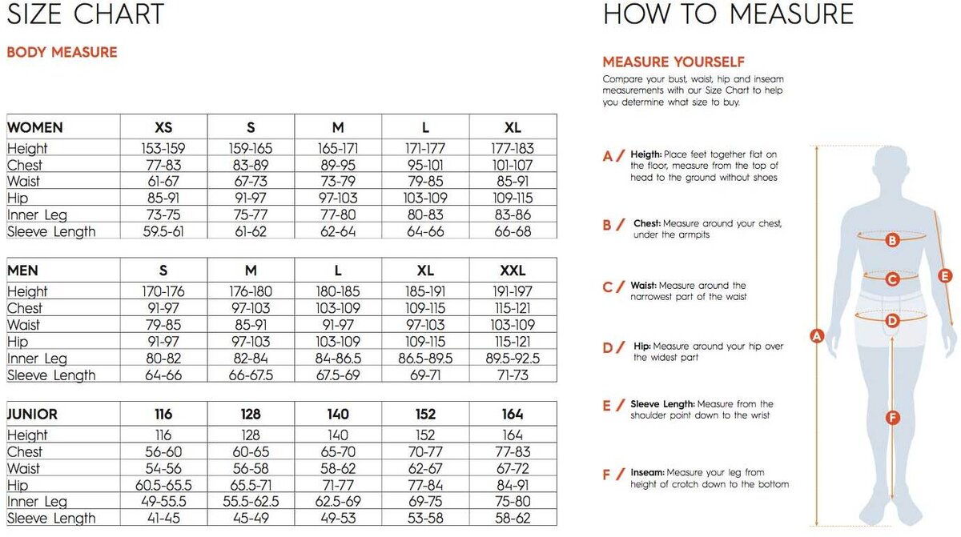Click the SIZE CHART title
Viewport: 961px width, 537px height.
[86, 14]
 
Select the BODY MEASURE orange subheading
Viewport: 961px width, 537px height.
[62, 52]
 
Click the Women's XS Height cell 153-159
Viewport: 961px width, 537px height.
[163, 148]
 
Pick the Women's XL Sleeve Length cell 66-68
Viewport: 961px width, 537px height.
[513, 231]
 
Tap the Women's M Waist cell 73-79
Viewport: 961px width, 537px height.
[338, 182]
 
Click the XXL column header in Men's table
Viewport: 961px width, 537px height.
[513, 271]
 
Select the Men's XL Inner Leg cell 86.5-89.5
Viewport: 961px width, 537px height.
[425, 359]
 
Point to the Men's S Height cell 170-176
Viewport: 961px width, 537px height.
[163, 291]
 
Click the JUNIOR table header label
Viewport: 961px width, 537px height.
[32, 414]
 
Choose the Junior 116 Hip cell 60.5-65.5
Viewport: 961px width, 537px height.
[163, 485]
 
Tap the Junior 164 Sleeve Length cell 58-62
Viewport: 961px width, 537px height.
[513, 518]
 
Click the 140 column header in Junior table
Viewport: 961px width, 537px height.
[338, 414]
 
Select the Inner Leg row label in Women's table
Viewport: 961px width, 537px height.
[37, 214]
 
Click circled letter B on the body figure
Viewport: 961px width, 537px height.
[892, 240]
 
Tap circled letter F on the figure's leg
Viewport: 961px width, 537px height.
[893, 418]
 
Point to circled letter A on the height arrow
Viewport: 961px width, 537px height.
[816, 336]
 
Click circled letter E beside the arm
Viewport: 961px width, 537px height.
[945, 276]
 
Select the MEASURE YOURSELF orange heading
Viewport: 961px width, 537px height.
[674, 62]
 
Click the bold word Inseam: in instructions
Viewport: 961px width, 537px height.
[647, 472]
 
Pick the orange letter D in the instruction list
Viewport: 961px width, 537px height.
[608, 347]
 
